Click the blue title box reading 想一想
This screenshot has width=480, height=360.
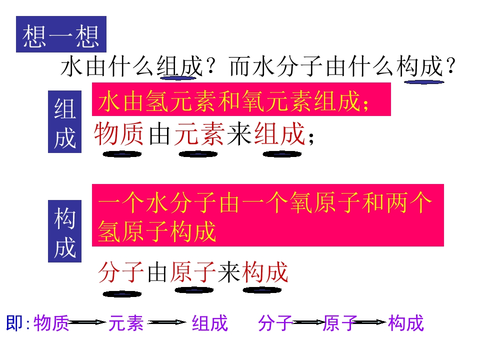tap(61, 34)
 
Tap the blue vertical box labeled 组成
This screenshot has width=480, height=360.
tap(64, 121)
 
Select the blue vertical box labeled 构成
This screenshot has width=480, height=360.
tap(64, 231)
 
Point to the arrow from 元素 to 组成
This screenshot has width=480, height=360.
tap(167, 322)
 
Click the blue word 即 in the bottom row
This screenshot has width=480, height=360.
tap(14, 322)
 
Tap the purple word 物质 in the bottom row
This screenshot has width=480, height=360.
tap(51, 323)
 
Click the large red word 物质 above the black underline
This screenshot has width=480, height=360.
tap(118, 134)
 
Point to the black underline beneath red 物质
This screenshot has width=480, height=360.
tap(122, 154)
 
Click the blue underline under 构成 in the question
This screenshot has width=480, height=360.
tap(424, 82)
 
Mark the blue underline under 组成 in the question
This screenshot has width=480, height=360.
tap(178, 78)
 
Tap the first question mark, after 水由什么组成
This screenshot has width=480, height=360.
tap(211, 66)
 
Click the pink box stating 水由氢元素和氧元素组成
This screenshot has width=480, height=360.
tap(241, 99)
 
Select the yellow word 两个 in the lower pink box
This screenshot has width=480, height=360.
tap(409, 202)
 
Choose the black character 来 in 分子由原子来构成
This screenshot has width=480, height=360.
tap(229, 272)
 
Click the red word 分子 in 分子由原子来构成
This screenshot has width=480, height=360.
tap(121, 272)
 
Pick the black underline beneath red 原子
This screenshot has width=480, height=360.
tap(194, 290)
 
